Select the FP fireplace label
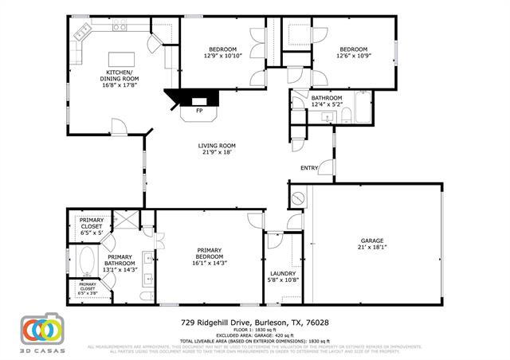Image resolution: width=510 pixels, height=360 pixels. click(x=198, y=111)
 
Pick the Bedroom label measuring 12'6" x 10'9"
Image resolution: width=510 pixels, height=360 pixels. click(x=352, y=56)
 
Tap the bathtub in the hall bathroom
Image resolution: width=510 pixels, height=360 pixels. click(x=363, y=108)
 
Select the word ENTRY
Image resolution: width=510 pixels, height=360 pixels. click(x=309, y=168)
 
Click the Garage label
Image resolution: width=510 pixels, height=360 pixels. click(x=372, y=244)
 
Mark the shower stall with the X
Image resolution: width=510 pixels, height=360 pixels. click(x=125, y=221)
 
